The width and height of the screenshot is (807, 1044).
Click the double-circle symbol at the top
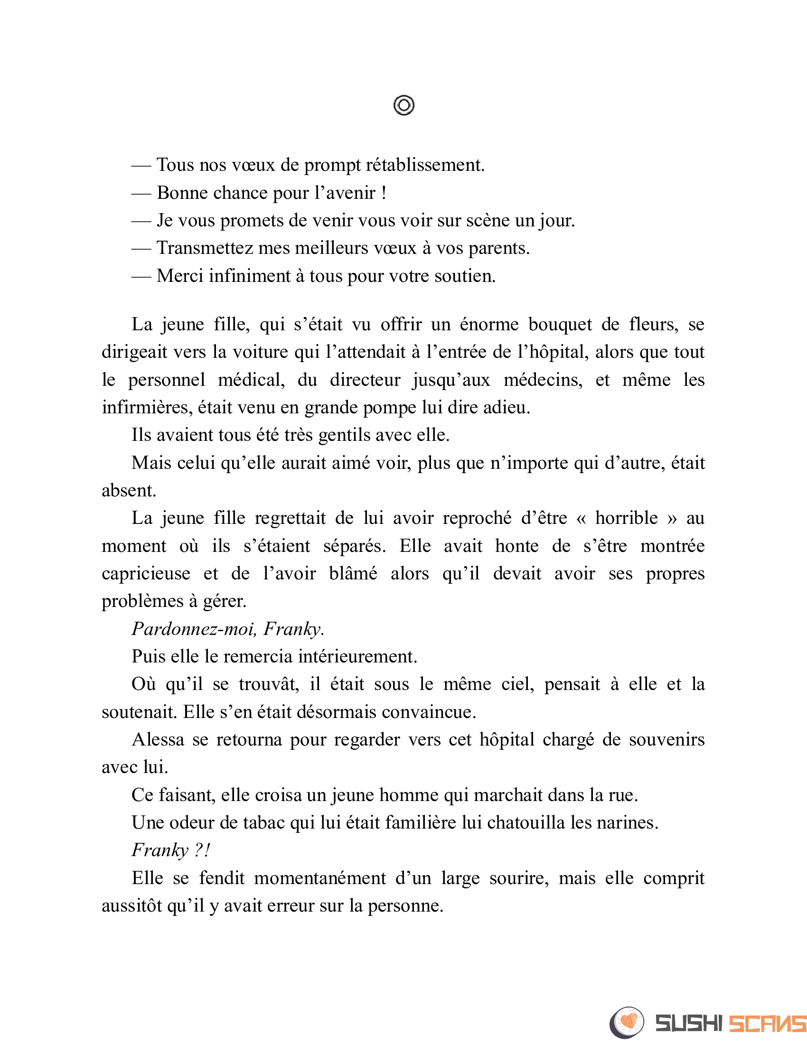click(x=403, y=105)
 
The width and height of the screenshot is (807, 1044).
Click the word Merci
click(x=180, y=276)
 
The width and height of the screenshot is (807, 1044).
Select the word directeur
click(x=365, y=380)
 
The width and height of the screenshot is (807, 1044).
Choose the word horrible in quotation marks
click(x=626, y=518)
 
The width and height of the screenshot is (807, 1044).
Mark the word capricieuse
click(x=146, y=574)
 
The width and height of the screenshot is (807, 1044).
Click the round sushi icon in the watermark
click(x=627, y=1023)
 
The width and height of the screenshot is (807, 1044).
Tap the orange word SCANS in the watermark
click(x=767, y=1024)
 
